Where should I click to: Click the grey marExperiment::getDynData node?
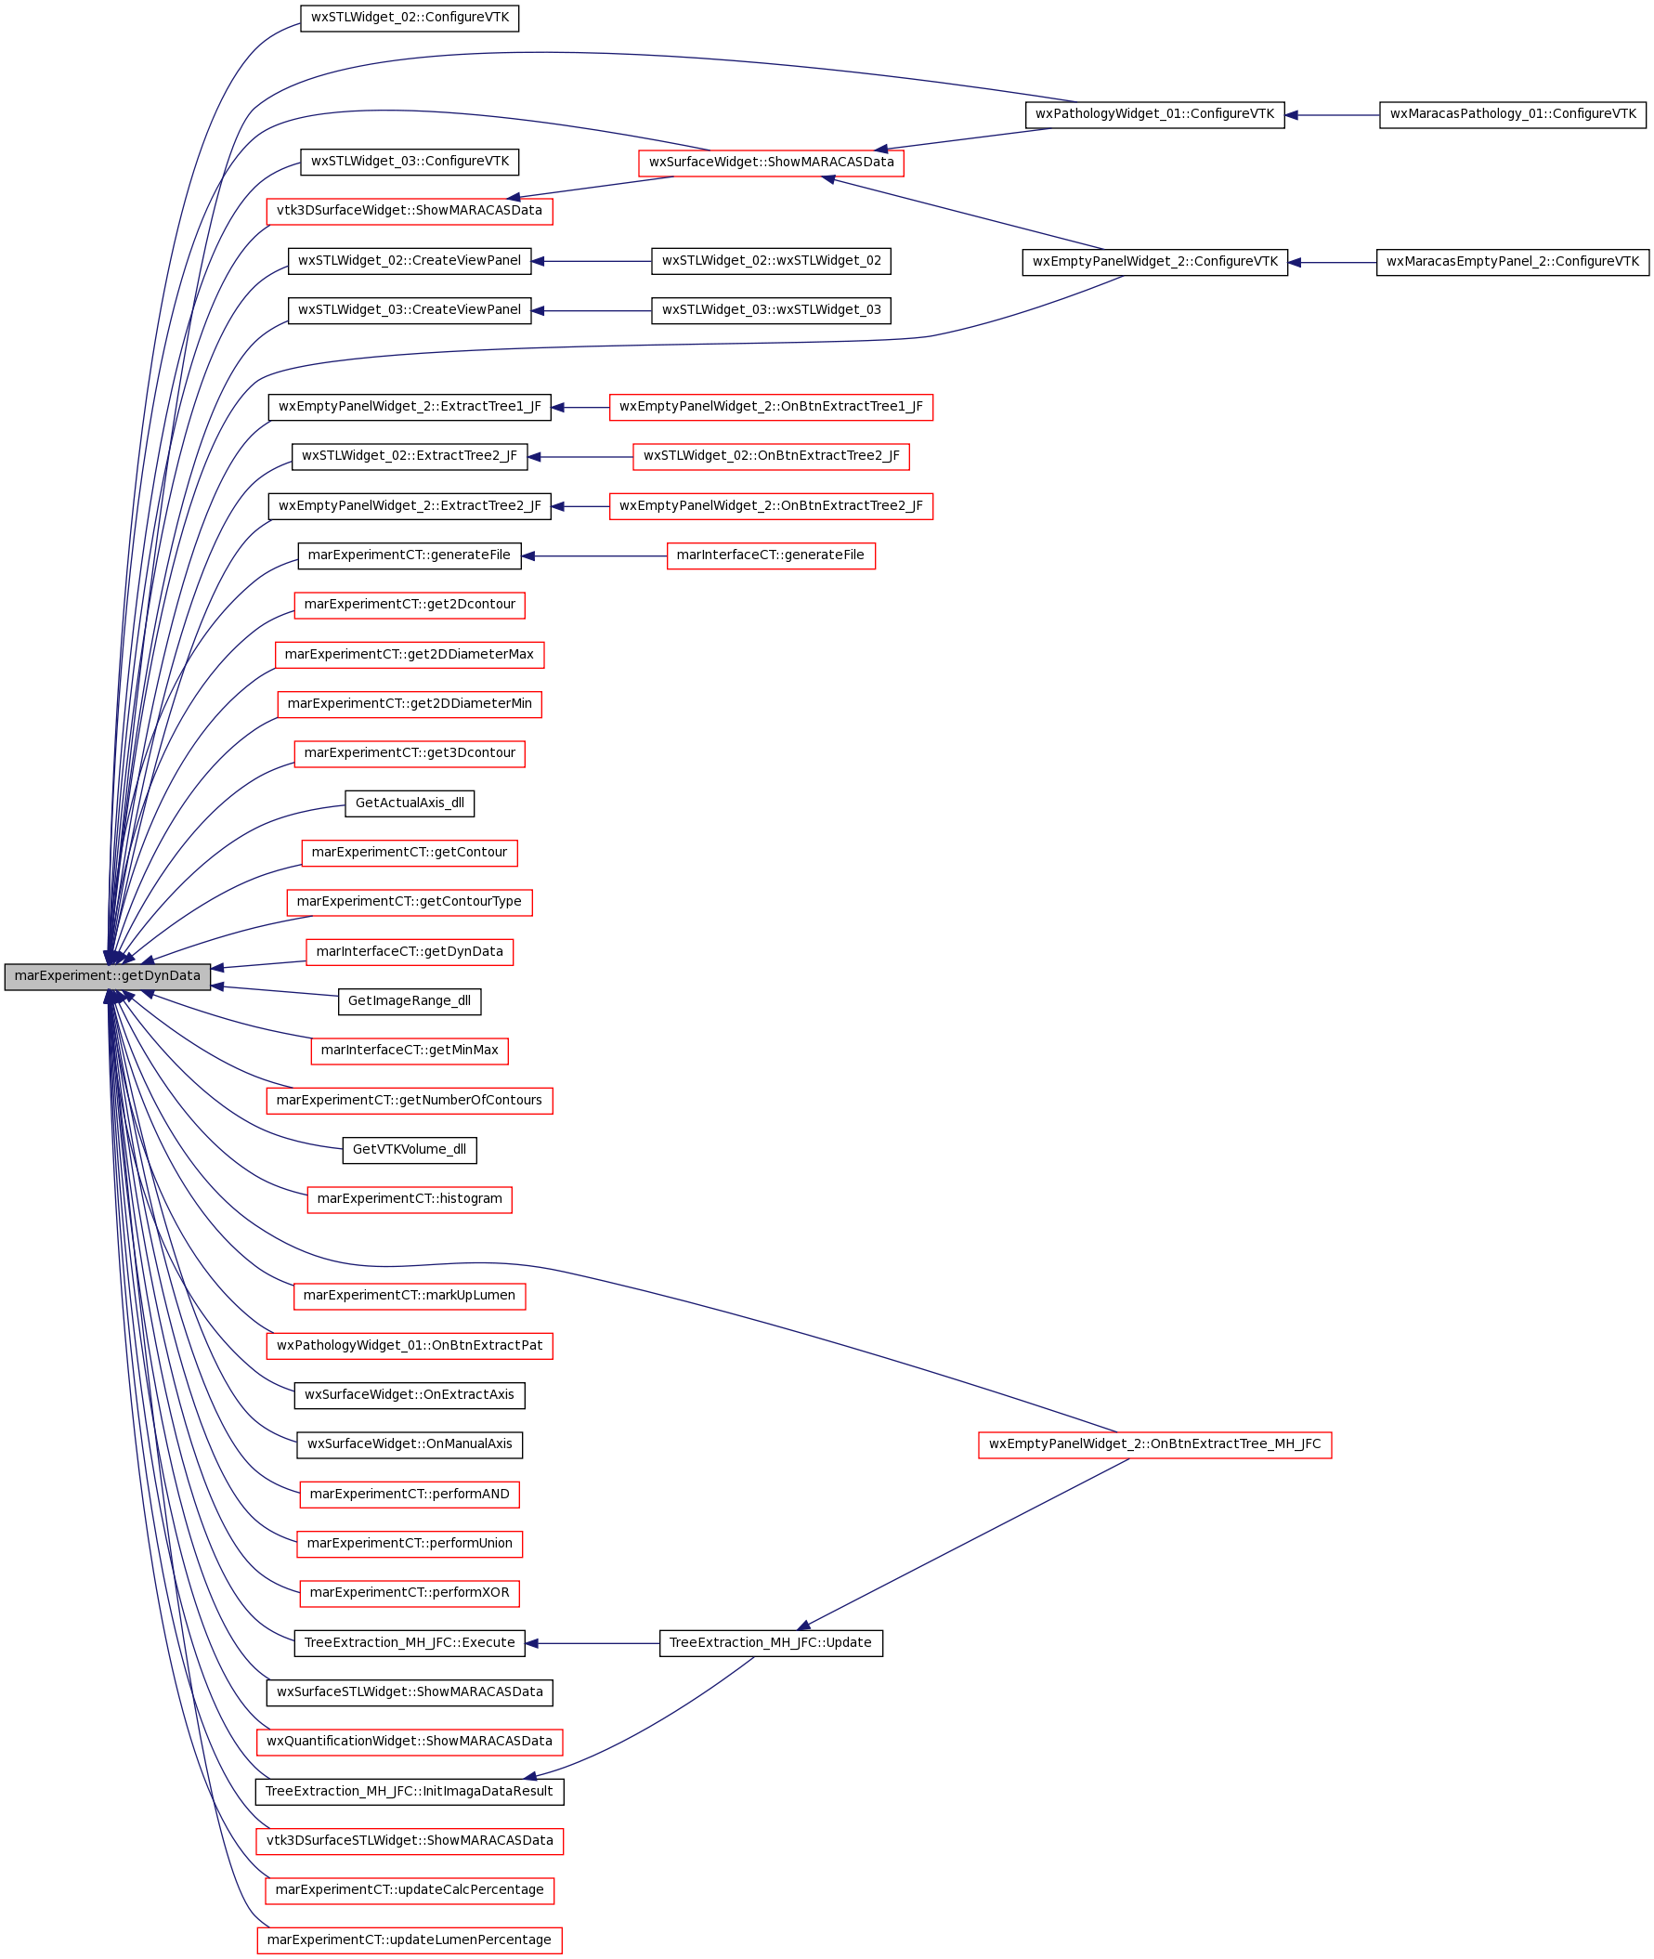(107, 976)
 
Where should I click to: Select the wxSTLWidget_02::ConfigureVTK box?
(410, 18)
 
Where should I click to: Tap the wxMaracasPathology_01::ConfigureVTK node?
(1513, 114)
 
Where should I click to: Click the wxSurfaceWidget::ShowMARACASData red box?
(771, 163)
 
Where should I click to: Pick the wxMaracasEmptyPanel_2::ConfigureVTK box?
(1513, 263)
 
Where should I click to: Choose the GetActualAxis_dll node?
(410, 803)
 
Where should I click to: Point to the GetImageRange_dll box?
(410, 1001)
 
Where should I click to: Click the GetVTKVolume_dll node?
(410, 1150)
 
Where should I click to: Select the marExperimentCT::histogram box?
(410, 1199)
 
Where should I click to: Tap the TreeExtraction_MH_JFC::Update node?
(771, 1643)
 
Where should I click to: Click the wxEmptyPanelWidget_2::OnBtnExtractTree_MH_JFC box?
(1154, 1445)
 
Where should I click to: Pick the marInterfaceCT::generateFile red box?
(771, 556)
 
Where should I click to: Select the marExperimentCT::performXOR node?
(410, 1593)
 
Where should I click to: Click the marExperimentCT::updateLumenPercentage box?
(410, 1940)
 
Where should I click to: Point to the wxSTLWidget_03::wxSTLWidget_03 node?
(771, 310)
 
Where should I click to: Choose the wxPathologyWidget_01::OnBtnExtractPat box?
(410, 1346)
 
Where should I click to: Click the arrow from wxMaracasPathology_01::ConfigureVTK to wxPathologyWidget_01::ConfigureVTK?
(1333, 115)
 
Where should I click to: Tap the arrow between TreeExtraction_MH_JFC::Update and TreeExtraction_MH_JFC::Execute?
(593, 1643)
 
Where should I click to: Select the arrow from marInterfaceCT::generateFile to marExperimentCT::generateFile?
(594, 556)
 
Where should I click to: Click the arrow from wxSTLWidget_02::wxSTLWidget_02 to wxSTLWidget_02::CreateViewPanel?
(592, 262)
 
